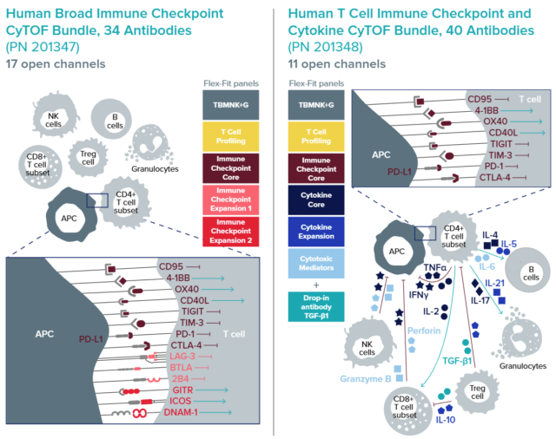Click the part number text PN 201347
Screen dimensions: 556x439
tap(43, 47)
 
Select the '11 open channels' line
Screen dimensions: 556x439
tap(336, 64)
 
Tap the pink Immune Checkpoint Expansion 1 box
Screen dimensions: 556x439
tap(231, 200)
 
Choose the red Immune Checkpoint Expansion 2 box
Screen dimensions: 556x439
tap(231, 231)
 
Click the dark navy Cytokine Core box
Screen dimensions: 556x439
tap(316, 200)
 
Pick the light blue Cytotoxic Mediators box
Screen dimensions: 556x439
tap(316, 263)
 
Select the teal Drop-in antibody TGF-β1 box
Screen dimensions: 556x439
tap(316, 306)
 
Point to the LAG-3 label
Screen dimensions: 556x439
tap(182, 357)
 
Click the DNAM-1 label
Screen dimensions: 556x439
tap(181, 412)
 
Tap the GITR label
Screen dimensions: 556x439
tap(182, 390)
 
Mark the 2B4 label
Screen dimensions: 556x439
tap(180, 379)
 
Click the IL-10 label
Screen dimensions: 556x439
tap(446, 420)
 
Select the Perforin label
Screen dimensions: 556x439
tap(424, 331)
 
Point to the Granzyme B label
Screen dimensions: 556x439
tap(365, 379)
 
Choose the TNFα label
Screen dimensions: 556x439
tap(434, 267)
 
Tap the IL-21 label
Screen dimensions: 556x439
tap(494, 283)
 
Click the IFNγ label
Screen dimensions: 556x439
tap(419, 295)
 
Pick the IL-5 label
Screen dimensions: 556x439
tap(509, 244)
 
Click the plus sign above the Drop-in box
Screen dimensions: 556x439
tap(316, 285)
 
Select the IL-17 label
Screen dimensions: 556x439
tap(480, 300)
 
